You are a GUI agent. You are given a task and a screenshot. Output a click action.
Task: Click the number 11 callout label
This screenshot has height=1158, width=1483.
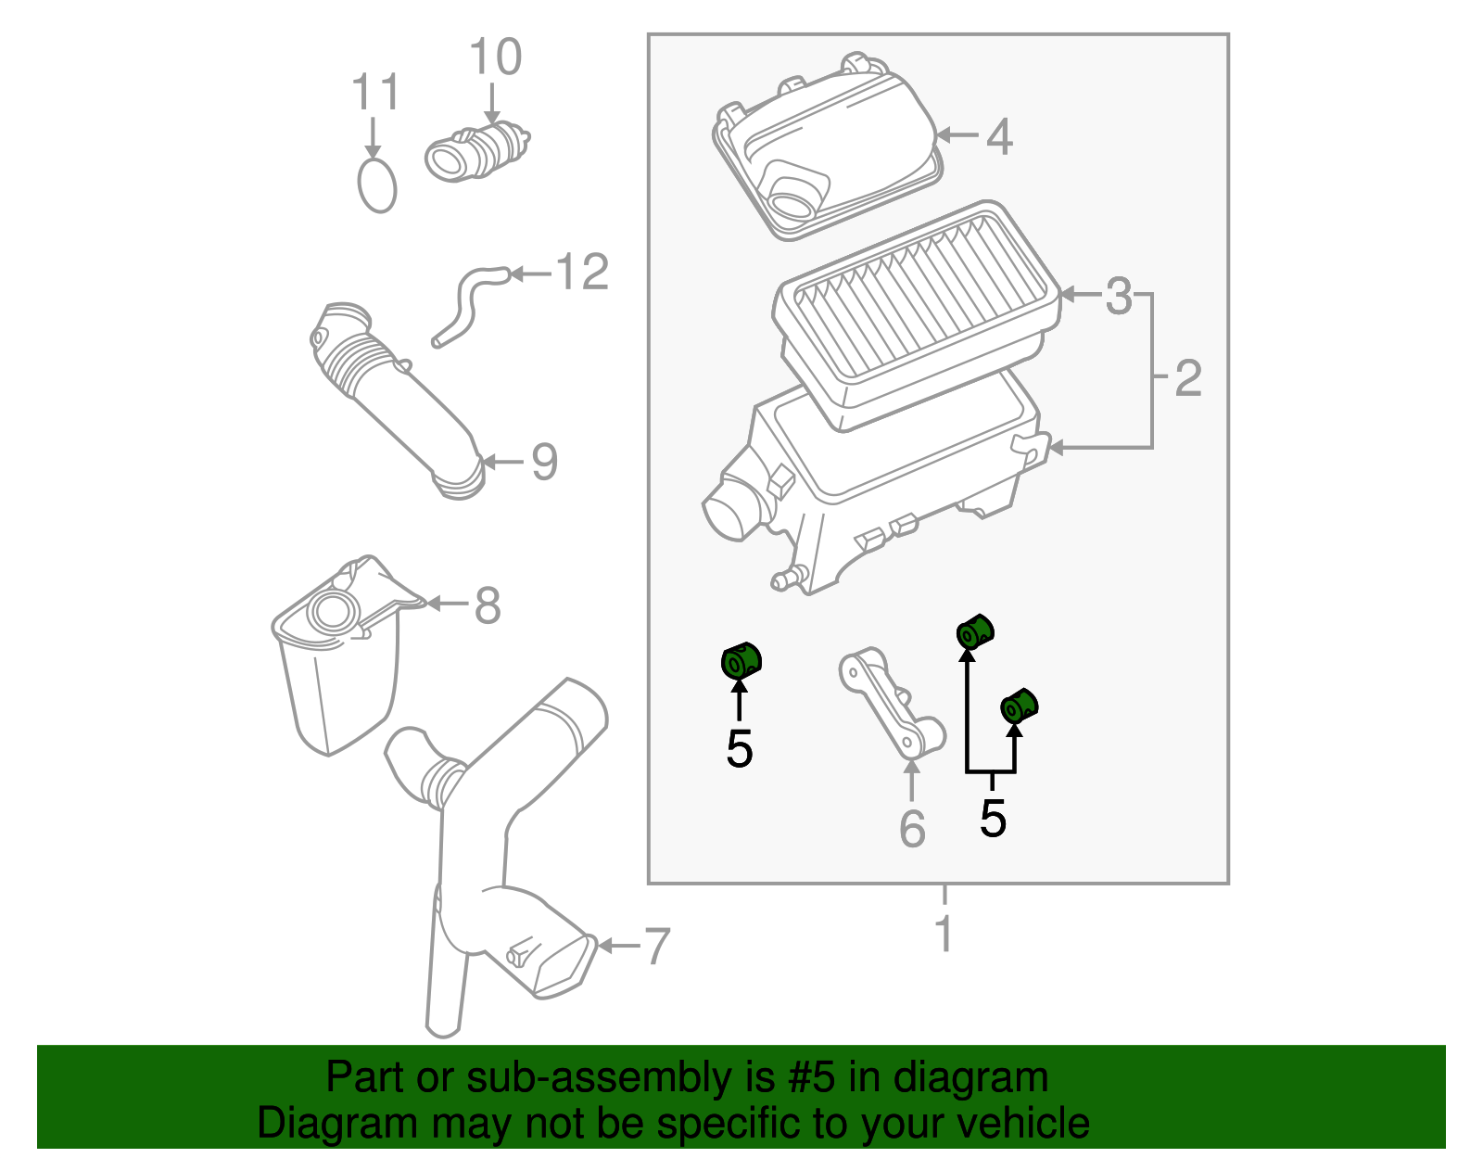tap(375, 94)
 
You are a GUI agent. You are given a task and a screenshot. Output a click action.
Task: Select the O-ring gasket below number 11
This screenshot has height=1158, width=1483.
tap(376, 186)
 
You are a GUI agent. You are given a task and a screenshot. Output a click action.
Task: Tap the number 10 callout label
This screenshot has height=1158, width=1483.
tap(496, 57)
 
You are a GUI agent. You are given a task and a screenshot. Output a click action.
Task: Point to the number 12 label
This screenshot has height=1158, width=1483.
tap(582, 273)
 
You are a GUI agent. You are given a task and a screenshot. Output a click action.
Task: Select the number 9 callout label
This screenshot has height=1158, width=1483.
tap(544, 462)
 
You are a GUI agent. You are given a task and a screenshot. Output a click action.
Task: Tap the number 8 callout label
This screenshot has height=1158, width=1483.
tap(488, 606)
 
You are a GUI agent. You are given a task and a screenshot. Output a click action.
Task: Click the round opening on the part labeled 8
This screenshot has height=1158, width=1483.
tap(333, 613)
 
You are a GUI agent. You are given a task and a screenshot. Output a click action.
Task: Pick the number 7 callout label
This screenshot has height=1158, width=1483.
tap(656, 947)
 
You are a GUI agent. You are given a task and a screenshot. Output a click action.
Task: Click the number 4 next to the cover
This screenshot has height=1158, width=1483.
tap(999, 137)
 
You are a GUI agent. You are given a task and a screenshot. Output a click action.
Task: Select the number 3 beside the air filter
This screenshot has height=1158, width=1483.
tap(1119, 297)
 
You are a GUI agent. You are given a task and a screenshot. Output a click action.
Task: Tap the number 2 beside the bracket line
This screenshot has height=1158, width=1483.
tap(1187, 378)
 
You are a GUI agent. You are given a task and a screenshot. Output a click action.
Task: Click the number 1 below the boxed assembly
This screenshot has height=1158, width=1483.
tap(944, 935)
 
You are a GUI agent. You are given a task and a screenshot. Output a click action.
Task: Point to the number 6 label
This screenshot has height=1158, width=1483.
tap(912, 829)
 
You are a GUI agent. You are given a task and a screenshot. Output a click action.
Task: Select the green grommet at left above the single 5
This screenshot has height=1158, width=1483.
tap(741, 661)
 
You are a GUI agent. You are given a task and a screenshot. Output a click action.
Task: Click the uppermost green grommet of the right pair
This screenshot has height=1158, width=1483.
tap(974, 631)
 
